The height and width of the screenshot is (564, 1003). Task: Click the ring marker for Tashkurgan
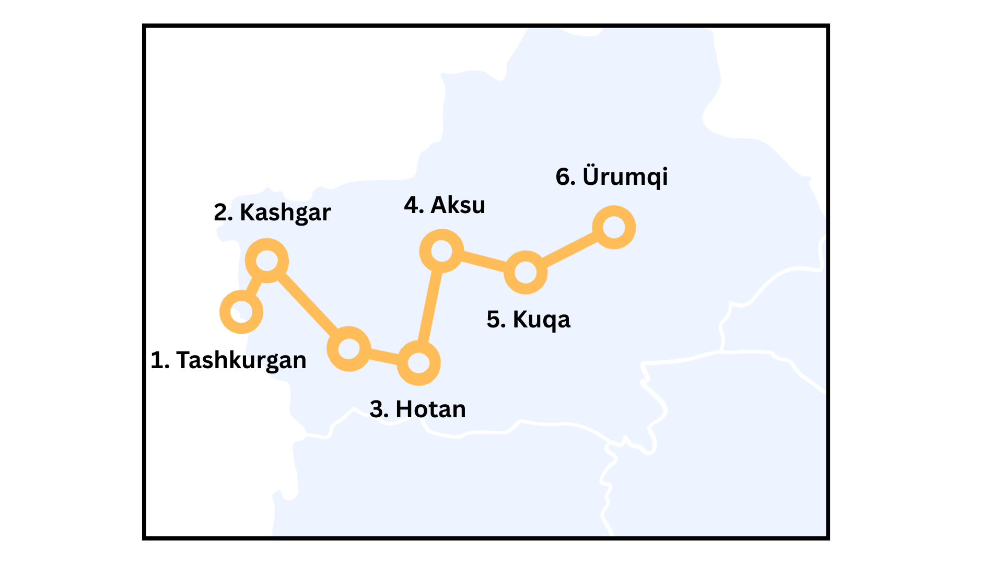click(x=241, y=312)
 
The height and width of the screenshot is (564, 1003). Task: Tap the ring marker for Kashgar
click(x=267, y=261)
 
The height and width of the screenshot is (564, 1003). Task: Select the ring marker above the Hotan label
click(x=418, y=363)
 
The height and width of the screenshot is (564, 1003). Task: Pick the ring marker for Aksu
click(x=442, y=251)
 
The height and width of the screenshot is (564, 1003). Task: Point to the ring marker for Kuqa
click(x=526, y=272)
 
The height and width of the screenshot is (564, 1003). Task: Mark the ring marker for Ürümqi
click(x=614, y=227)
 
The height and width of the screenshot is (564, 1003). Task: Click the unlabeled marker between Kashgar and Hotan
click(x=349, y=349)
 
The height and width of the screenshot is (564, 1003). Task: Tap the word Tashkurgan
click(x=241, y=360)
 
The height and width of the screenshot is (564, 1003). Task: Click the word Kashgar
click(x=285, y=213)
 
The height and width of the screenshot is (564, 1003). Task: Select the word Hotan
click(x=430, y=409)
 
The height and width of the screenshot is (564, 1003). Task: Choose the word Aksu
click(x=458, y=205)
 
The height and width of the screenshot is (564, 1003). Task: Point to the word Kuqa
click(x=541, y=320)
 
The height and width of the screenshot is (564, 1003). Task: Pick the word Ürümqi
click(x=625, y=177)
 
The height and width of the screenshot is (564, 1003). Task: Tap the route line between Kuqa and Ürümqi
click(x=569, y=250)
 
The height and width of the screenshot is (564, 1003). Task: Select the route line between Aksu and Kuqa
click(x=484, y=261)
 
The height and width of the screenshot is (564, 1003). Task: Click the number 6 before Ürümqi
click(x=563, y=177)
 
